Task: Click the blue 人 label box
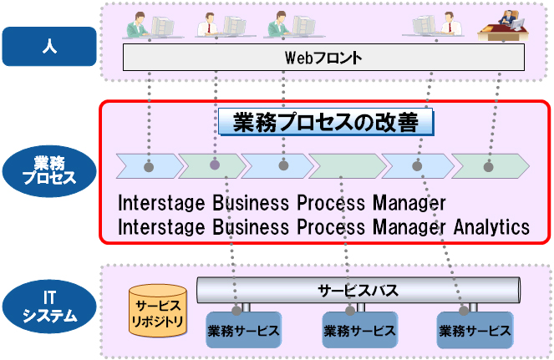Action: coord(47,47)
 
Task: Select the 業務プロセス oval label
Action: coord(47,170)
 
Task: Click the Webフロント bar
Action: coord(323,58)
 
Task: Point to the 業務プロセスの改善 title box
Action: coord(327,123)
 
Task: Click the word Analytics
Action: coord(492,226)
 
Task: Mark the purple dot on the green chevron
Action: coord(215,165)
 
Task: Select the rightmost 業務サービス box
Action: coord(475,330)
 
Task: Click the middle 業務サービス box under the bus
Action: coord(358,330)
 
